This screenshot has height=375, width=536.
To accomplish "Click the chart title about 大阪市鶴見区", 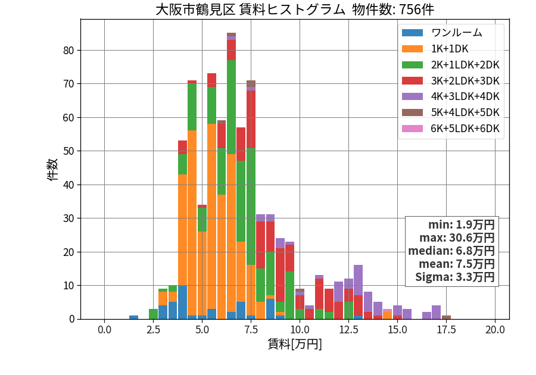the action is click(x=295, y=9).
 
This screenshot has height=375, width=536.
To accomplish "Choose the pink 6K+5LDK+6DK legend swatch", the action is click(x=412, y=129).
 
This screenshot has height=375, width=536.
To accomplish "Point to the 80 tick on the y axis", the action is click(x=68, y=51).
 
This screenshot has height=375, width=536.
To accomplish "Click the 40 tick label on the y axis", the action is click(x=68, y=185).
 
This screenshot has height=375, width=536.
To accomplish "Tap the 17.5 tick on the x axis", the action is click(x=447, y=330).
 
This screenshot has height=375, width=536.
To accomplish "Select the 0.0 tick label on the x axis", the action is click(x=104, y=330).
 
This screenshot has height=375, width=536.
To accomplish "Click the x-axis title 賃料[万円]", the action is click(x=295, y=344).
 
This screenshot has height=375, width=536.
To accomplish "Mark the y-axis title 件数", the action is click(x=52, y=170).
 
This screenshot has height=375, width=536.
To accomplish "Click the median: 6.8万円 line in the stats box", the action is click(x=451, y=251).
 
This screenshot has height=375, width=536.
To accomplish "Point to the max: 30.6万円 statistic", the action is click(x=457, y=237).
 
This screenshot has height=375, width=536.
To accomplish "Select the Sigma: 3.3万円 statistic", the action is click(x=454, y=277).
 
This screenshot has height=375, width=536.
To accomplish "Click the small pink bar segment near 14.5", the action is click(x=387, y=311).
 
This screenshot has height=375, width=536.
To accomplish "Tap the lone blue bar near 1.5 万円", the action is click(x=133, y=317).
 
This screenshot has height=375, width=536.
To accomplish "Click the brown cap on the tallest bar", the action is click(x=232, y=35).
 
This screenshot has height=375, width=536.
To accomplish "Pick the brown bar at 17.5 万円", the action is click(x=446, y=317).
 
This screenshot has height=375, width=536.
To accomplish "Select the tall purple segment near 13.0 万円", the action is click(x=359, y=280).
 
